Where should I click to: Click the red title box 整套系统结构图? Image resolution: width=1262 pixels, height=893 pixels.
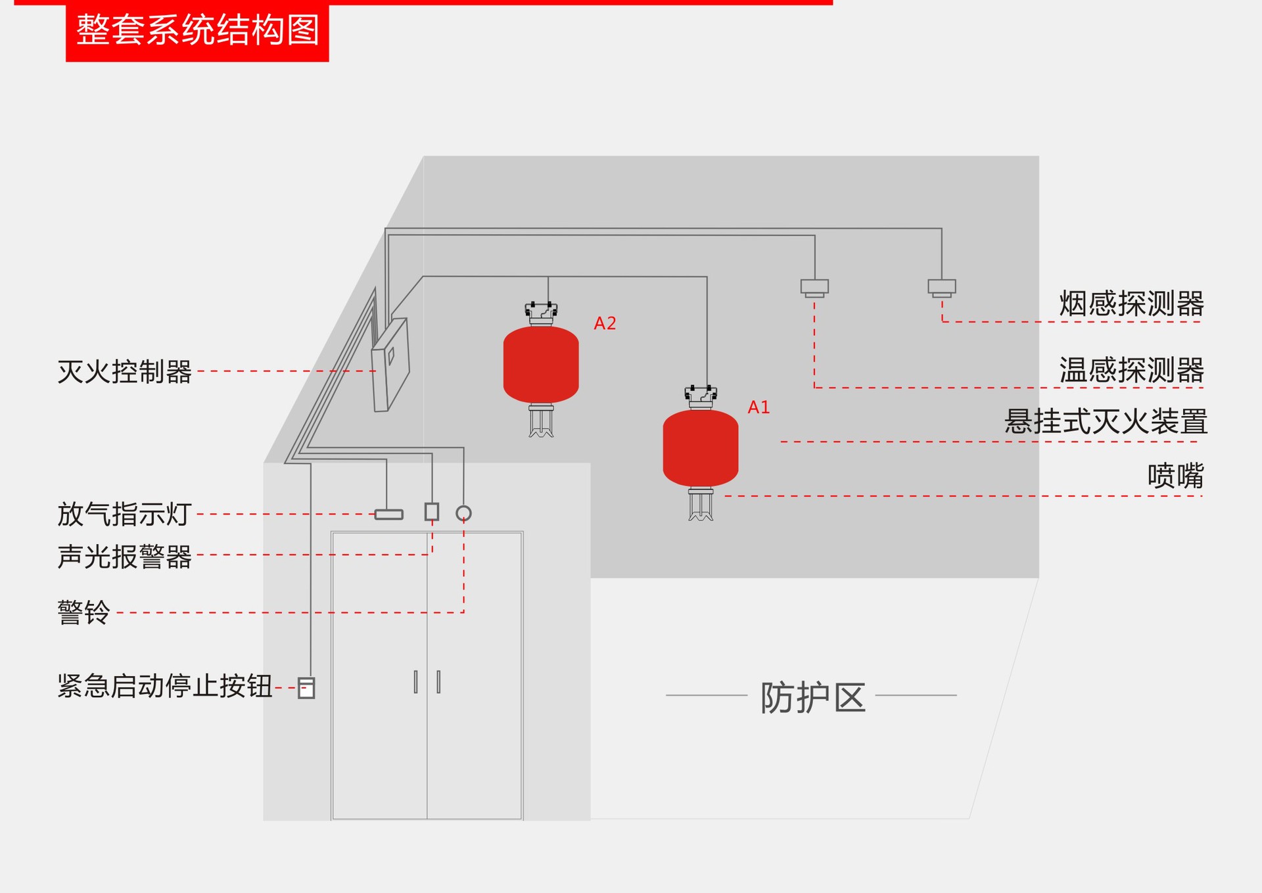(x=197, y=31)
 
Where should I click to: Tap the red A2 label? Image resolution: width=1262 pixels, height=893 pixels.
(x=605, y=323)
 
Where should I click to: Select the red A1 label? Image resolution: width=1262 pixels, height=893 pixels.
(x=759, y=407)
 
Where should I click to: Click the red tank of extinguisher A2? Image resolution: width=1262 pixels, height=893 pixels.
(x=541, y=365)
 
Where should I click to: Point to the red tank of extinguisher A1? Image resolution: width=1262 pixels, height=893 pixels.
(x=701, y=448)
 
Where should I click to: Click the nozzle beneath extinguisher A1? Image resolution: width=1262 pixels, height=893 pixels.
(x=701, y=505)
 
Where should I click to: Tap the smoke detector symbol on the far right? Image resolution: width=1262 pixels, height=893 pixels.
(x=941, y=287)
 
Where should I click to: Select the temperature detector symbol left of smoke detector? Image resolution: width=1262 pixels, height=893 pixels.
(x=814, y=287)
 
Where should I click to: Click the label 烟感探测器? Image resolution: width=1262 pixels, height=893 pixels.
(x=1131, y=304)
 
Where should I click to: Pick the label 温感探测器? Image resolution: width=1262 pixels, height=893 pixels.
(x=1131, y=370)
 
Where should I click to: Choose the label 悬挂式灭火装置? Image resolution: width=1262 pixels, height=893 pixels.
(x=1106, y=422)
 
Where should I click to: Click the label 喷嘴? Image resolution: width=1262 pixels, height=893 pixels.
(x=1175, y=476)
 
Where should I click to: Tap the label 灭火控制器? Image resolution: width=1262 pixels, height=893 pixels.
(x=124, y=372)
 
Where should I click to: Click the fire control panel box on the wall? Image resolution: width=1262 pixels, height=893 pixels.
(x=390, y=365)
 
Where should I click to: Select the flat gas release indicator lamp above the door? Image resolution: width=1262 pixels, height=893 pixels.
(x=388, y=514)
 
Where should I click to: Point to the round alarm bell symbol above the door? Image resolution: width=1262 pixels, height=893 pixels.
(x=463, y=513)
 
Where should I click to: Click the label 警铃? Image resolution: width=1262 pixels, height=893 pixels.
(x=83, y=612)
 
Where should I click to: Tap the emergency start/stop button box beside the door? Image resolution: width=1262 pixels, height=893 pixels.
(x=306, y=688)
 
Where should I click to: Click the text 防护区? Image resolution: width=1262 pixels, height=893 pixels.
(x=812, y=697)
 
